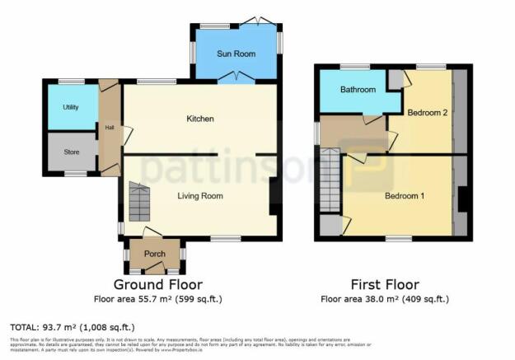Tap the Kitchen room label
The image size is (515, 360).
(x=200, y=119)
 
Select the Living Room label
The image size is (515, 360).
(x=201, y=196)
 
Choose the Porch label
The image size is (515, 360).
(x=155, y=254)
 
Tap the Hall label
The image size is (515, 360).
(x=109, y=127)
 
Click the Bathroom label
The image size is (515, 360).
(x=358, y=90)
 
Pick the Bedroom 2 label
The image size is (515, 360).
(x=428, y=113)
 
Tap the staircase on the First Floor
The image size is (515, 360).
(x=330, y=180)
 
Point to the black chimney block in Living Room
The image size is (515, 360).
(x=274, y=196)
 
